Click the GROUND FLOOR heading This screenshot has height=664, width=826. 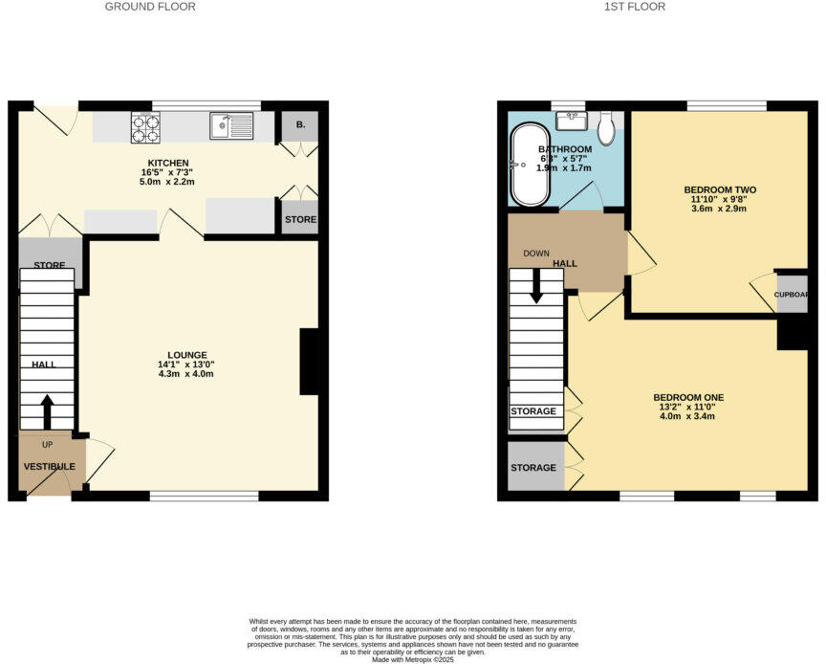pos(150,7)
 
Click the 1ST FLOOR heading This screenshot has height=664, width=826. pos(635,7)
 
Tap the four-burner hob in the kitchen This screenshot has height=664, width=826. pos(145,127)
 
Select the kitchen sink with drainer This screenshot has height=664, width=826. pos(232,126)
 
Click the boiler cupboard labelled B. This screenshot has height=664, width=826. pos(299,126)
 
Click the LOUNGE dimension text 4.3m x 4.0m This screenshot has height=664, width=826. pos(185,374)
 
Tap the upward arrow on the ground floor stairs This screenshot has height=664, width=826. pos(47,411)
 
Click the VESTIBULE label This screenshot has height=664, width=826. pos(49,466)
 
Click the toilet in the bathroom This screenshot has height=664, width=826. pos(606,126)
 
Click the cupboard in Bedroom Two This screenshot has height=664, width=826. pos(792,295)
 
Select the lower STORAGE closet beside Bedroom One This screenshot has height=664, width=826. pos(534,468)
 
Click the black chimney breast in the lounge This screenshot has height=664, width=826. pos(311,362)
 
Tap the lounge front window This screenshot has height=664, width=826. pos(204,496)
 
